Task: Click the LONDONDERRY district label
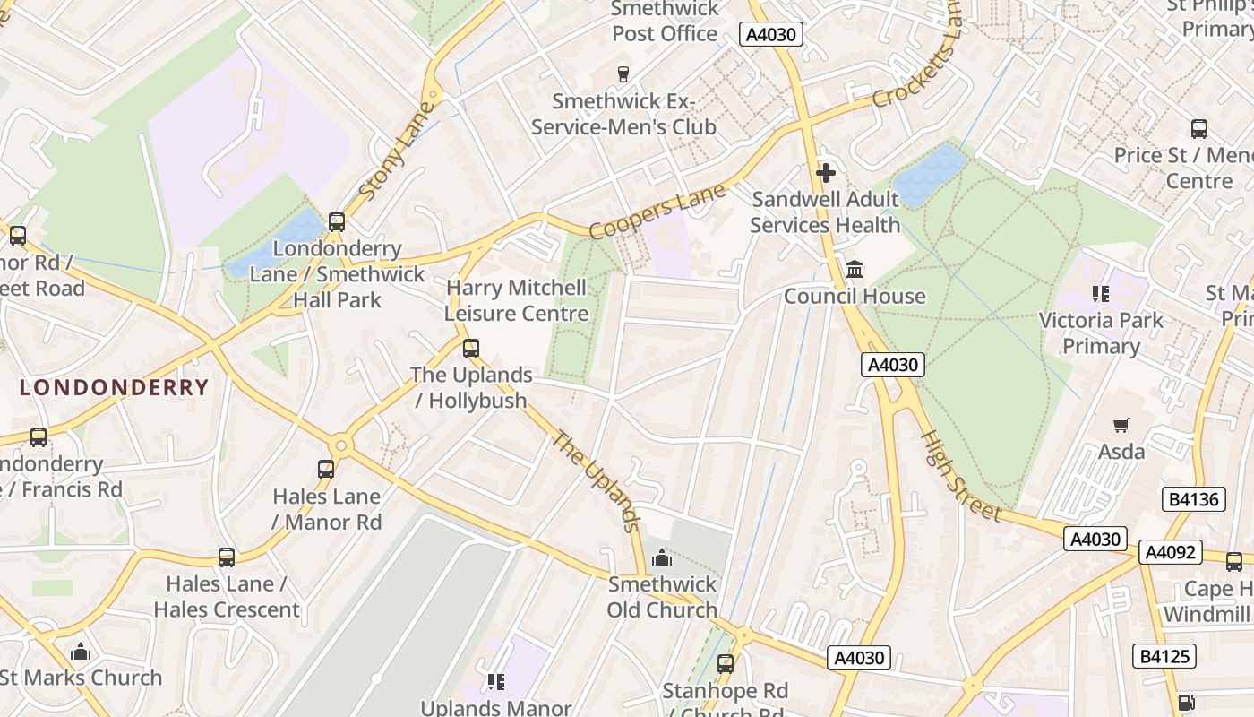pyautogui.click(x=114, y=388)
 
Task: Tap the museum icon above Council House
pyautogui.click(x=855, y=269)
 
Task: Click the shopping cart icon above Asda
pyautogui.click(x=1121, y=424)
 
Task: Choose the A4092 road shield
pyautogui.click(x=1171, y=552)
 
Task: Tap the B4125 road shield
pyautogui.click(x=1164, y=656)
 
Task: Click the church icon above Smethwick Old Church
pyautogui.click(x=662, y=558)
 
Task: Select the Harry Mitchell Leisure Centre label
pyautogui.click(x=517, y=300)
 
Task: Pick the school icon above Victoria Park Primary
pyautogui.click(x=1101, y=293)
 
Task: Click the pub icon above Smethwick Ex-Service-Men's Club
pyautogui.click(x=623, y=73)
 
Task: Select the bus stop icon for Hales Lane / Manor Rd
pyautogui.click(x=326, y=469)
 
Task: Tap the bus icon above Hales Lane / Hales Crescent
pyautogui.click(x=227, y=557)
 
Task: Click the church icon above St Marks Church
pyautogui.click(x=81, y=652)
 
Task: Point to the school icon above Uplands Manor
pyautogui.click(x=496, y=682)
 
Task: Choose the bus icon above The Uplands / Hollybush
pyautogui.click(x=471, y=349)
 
